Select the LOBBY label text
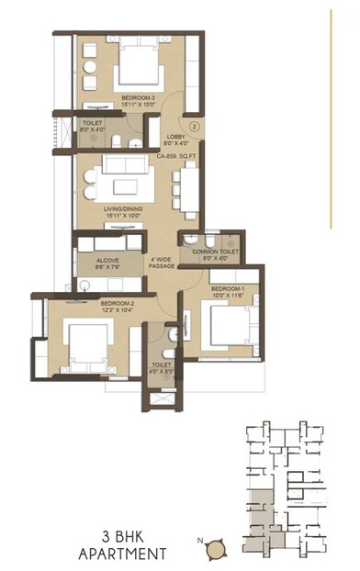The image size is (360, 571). click(x=177, y=137)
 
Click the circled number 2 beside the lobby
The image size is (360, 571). click(x=195, y=125)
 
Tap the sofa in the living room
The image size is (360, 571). click(x=119, y=166)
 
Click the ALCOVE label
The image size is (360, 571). click(x=108, y=260)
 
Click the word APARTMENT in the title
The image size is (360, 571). click(x=122, y=554)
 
